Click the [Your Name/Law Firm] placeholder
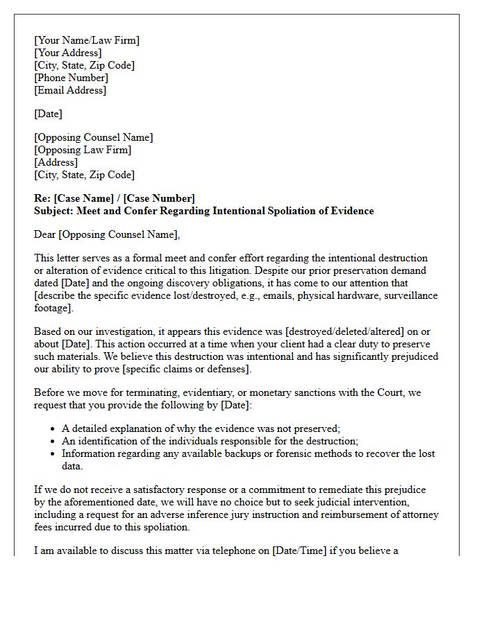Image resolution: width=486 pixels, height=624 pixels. [87, 40]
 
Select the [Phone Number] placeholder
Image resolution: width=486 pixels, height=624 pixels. [72, 78]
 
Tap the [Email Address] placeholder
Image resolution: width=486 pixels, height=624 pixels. [70, 90]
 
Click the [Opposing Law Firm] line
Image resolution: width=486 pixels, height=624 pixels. [83, 150]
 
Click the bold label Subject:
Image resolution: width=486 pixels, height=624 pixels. [54, 211]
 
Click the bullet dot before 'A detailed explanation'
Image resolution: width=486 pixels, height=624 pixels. [53, 429]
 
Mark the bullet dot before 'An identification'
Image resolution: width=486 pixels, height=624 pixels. [53, 442]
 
